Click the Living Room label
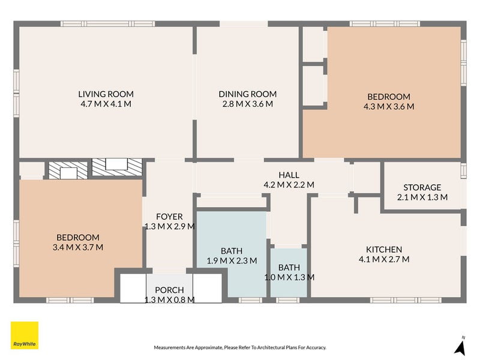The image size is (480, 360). [x=106, y=94]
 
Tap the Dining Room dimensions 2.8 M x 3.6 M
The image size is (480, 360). [x=248, y=104]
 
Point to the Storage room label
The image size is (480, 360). [x=422, y=187]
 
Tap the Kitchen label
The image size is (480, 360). [x=384, y=250]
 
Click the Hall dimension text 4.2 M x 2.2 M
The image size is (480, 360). [x=289, y=185]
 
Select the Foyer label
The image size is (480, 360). [x=169, y=217]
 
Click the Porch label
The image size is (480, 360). [x=169, y=290]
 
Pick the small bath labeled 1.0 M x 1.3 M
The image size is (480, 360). [x=289, y=272]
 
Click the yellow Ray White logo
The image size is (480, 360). [x=25, y=335]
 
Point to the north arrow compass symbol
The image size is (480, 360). [x=460, y=346]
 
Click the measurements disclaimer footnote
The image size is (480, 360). [x=240, y=347]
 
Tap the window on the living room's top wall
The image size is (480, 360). [x=108, y=23]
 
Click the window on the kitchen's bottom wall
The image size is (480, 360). [x=406, y=300]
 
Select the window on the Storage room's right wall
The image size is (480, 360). [x=464, y=170]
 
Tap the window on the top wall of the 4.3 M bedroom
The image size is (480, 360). [x=385, y=23]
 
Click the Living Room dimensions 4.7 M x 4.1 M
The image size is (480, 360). [x=106, y=104]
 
